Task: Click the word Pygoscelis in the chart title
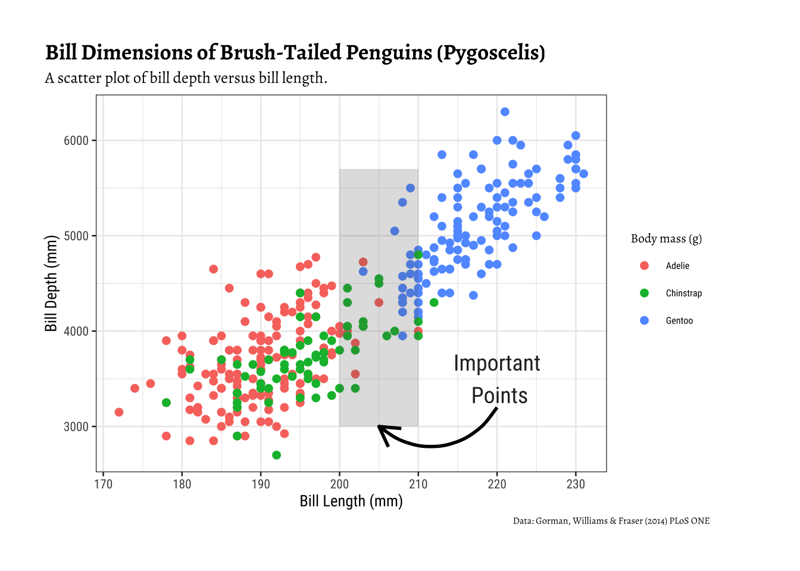[x=490, y=53]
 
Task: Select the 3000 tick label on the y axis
[x=76, y=427]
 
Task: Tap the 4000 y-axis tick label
[x=76, y=331]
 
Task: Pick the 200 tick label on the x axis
[x=340, y=484]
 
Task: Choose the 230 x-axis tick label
[x=576, y=484]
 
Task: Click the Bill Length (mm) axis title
[x=351, y=501]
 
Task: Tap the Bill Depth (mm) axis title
[x=51, y=283]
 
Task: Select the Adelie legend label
[x=677, y=266]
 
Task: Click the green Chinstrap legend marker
[x=644, y=293]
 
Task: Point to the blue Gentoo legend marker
[x=644, y=321]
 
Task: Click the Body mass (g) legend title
[x=667, y=239]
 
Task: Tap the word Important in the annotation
[x=497, y=363]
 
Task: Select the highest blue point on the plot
[x=505, y=112]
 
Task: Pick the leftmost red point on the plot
[x=119, y=412]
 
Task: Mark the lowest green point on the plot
[x=276, y=455]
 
